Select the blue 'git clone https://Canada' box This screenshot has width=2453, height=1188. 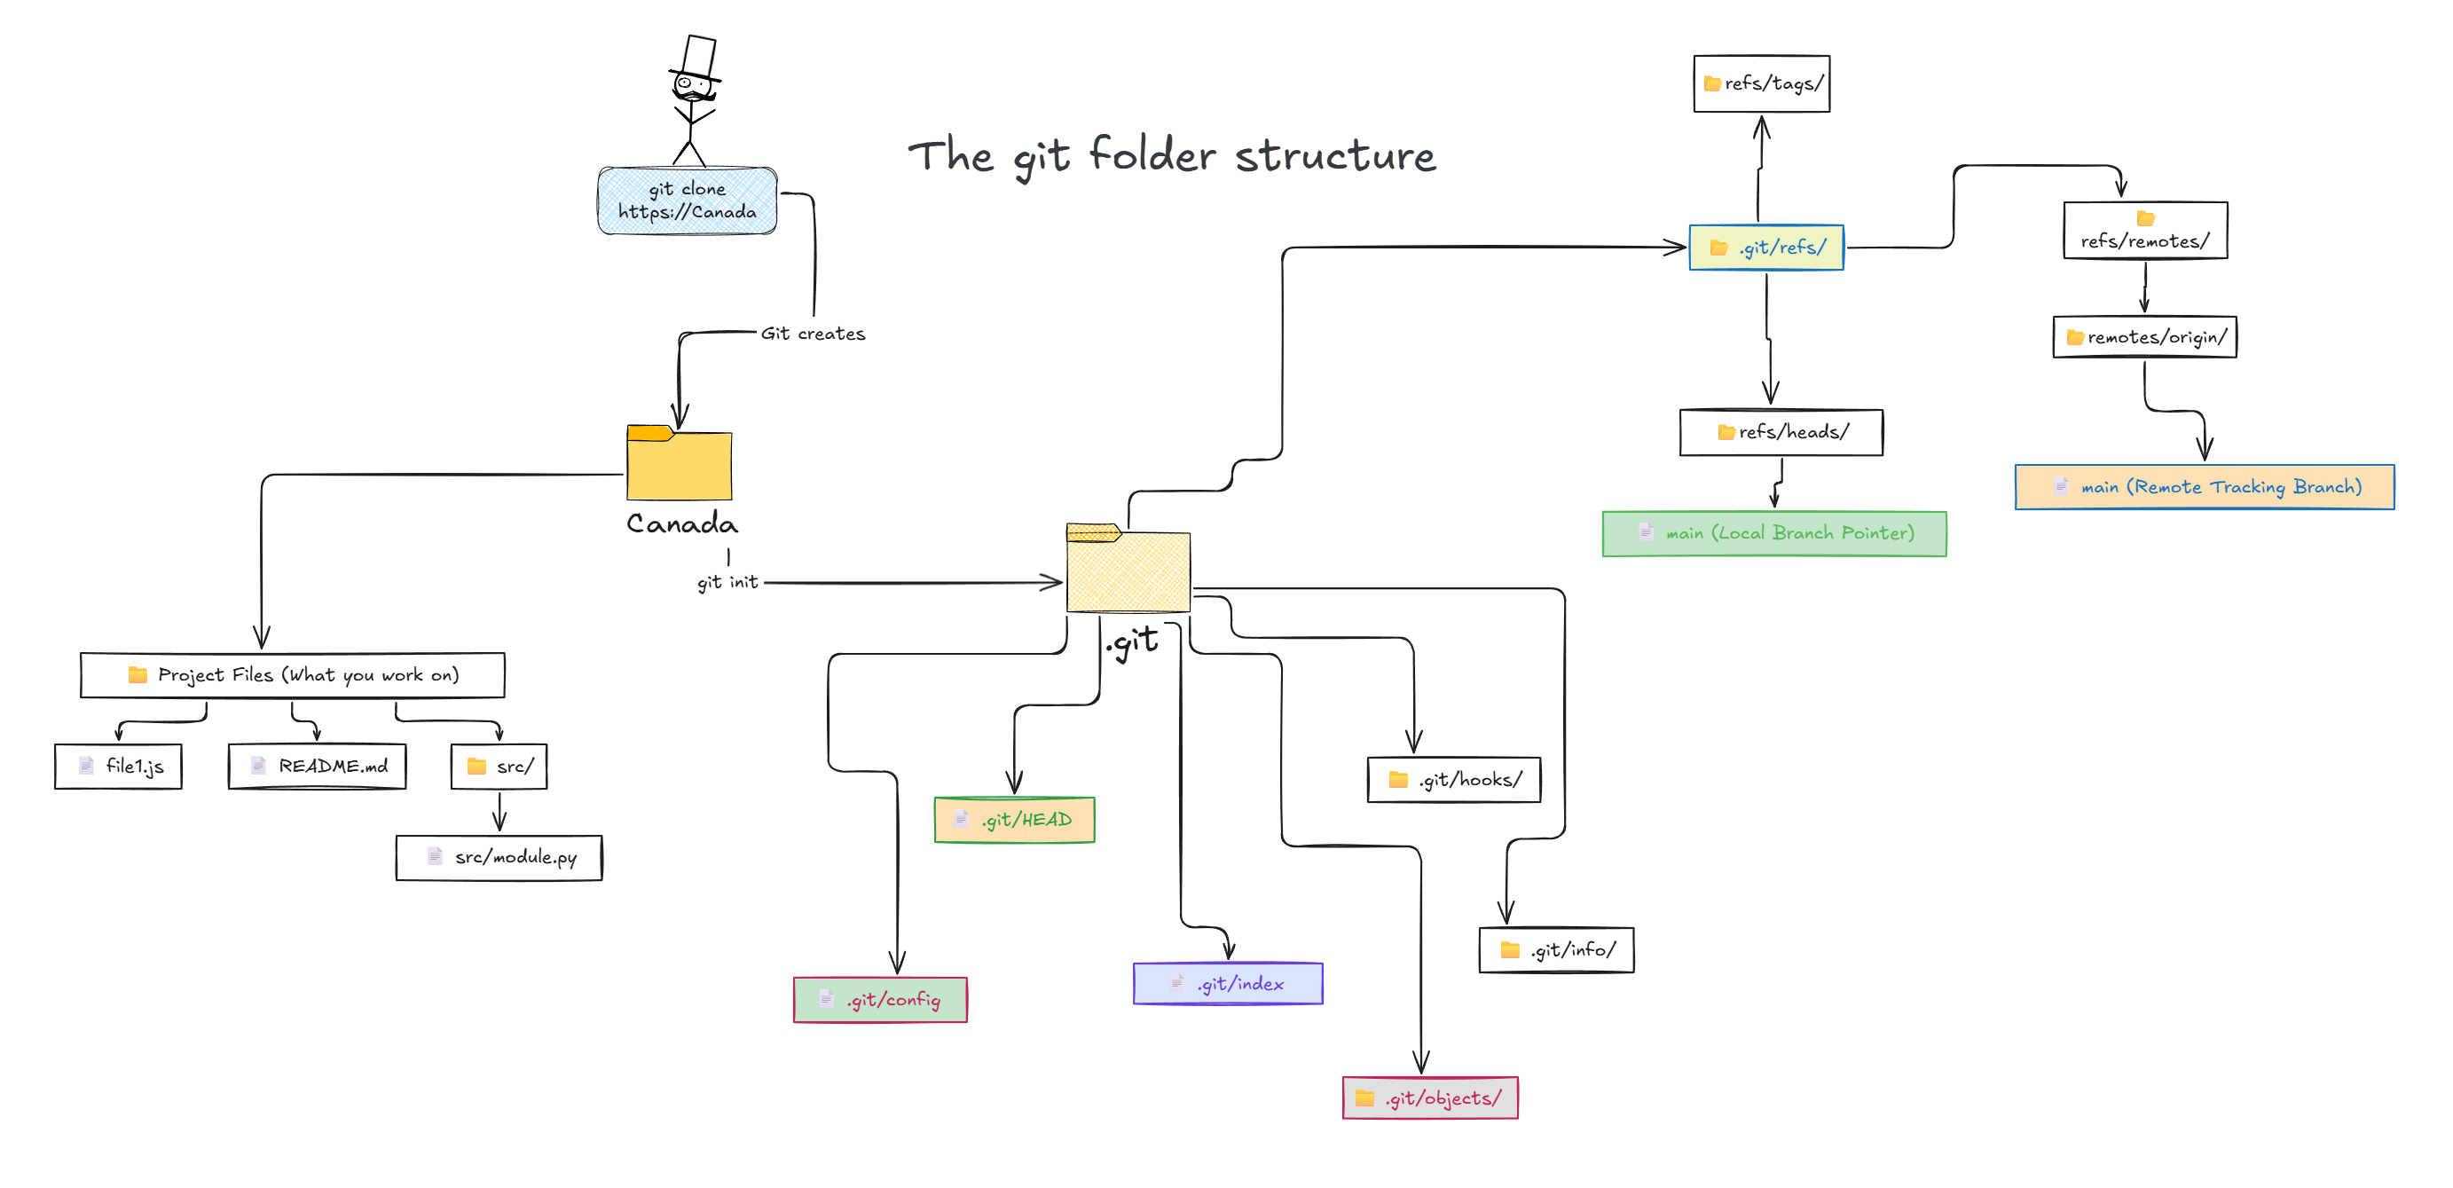tap(687, 201)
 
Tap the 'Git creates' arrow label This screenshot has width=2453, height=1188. tap(813, 334)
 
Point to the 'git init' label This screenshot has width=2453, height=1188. tap(727, 581)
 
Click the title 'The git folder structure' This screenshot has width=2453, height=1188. tap(1171, 156)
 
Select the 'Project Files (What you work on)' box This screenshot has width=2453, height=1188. tap(293, 675)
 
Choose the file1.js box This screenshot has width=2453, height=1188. tap(119, 766)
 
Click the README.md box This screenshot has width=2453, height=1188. tap(317, 766)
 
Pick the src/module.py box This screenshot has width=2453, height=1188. tap(499, 857)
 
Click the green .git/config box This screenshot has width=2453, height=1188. tap(880, 999)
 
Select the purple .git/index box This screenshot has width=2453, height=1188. tap(1228, 983)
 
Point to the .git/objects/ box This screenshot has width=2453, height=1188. tap(1429, 1098)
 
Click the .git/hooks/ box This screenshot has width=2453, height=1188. tap(1453, 780)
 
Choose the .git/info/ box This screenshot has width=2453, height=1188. tap(1556, 950)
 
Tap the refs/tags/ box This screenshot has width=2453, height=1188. tap(1762, 83)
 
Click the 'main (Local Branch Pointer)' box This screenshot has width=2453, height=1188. tap(1774, 533)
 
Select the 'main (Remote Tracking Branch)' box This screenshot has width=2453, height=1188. tap(2204, 487)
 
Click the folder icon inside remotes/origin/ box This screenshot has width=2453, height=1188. tap(2075, 337)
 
